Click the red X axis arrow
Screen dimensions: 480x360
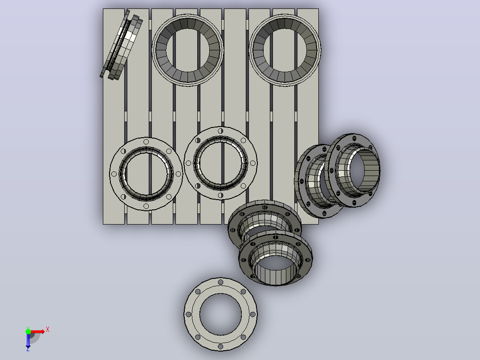pyautogui.click(x=37, y=331)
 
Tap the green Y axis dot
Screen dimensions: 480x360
pyautogui.click(x=28, y=331)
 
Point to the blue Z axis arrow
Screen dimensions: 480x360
pyautogui.click(x=28, y=341)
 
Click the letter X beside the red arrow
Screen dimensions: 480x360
pyautogui.click(x=48, y=330)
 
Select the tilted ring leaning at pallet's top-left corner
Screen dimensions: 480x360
pyautogui.click(x=121, y=45)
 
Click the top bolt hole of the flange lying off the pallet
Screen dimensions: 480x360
pyautogui.click(x=220, y=282)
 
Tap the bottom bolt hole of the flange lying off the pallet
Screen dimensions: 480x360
pyautogui.click(x=220, y=347)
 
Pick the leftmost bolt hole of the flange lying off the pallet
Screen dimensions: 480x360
pyautogui.click(x=188, y=315)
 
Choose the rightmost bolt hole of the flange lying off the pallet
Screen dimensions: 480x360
pyautogui.click(x=253, y=315)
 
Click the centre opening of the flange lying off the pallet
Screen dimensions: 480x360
pyautogui.click(x=220, y=315)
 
